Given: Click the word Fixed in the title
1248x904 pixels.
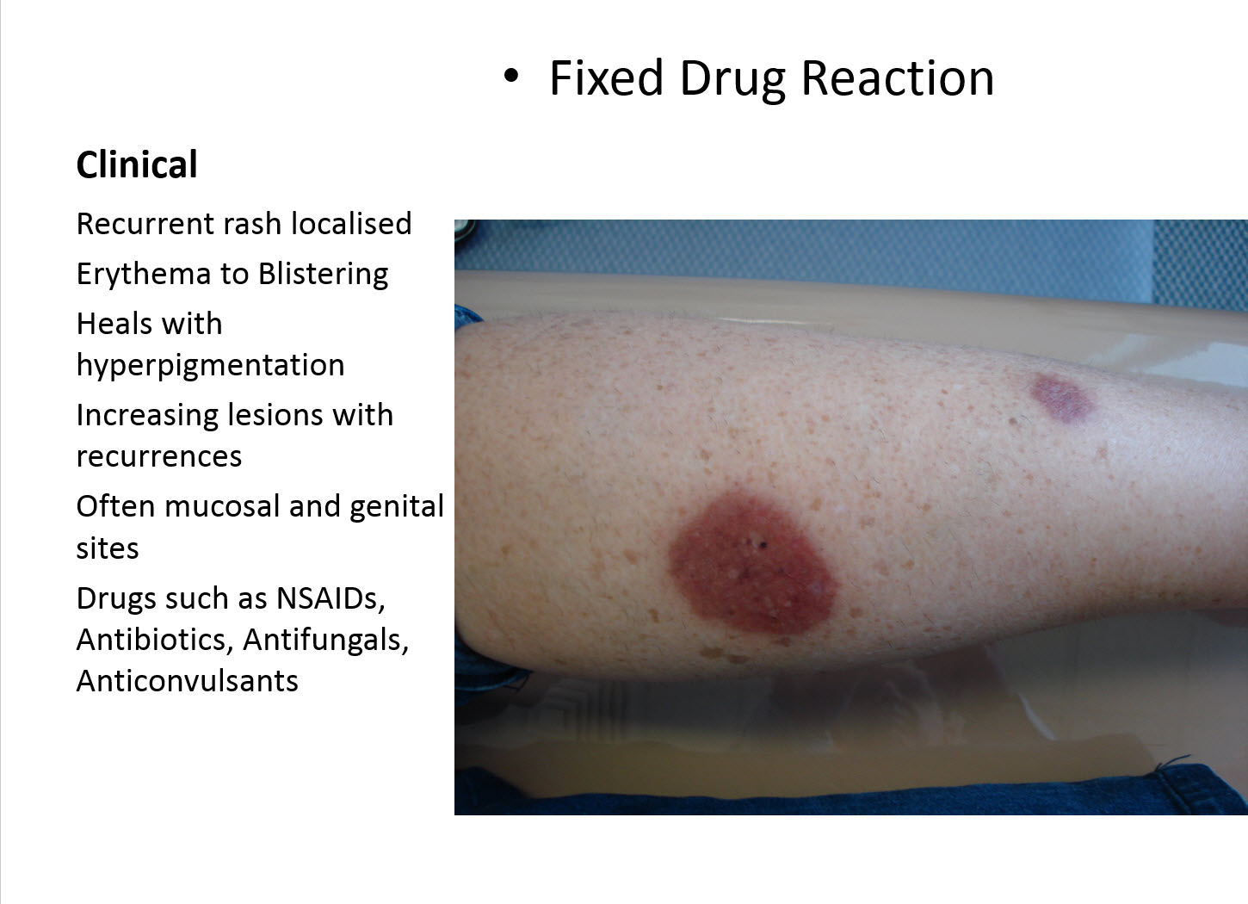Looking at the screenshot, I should [x=606, y=78].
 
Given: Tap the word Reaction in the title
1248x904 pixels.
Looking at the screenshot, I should [x=898, y=78].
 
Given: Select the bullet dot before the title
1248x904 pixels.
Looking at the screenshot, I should [x=512, y=76].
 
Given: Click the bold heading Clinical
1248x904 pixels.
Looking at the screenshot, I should [x=137, y=164].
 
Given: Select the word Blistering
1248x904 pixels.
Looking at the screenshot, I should [x=323, y=274].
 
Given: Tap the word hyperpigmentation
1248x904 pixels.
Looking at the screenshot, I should [x=210, y=366].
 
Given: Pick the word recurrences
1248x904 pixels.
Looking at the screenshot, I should [x=159, y=456].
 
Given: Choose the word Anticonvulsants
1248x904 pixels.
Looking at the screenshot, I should [x=187, y=681].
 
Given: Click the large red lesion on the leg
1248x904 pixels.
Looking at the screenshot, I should [x=749, y=564].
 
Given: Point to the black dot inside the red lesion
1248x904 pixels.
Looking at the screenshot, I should [x=761, y=543].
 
